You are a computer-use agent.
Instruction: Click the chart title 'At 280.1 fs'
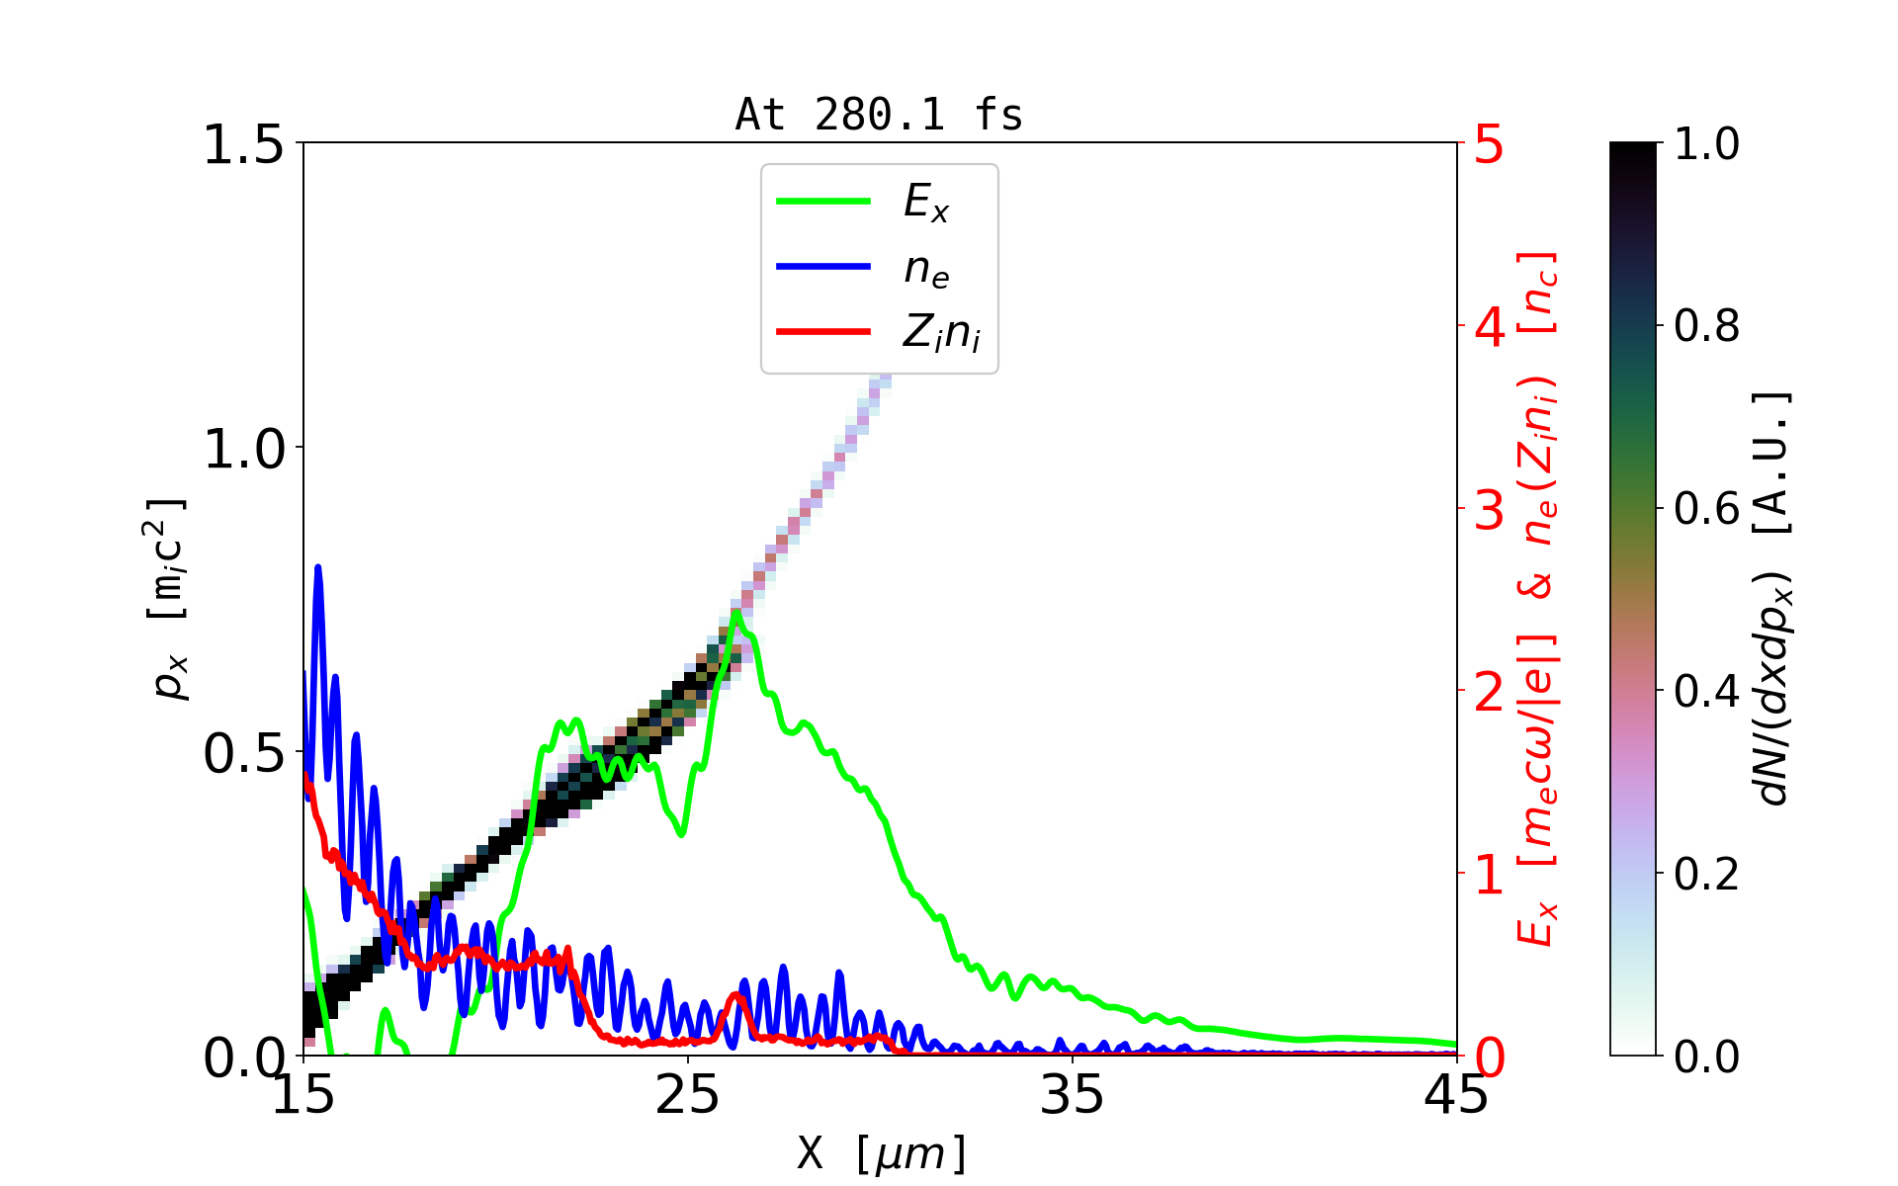[x=879, y=116]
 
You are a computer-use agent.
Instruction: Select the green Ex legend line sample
[x=823, y=202]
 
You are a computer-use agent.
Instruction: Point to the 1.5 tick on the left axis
[x=242, y=145]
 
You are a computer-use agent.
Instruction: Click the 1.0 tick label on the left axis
[x=242, y=450]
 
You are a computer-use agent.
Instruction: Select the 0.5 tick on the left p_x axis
[x=242, y=754]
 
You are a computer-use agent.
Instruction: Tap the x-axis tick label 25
[x=688, y=1095]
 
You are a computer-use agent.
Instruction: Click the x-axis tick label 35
[x=1073, y=1095]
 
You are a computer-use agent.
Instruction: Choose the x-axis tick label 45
[x=1456, y=1095]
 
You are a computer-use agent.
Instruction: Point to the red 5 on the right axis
[x=1489, y=145]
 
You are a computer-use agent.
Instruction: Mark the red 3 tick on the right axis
[x=1489, y=510]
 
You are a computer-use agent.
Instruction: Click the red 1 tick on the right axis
[x=1489, y=875]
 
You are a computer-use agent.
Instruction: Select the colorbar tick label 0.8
[x=1706, y=325]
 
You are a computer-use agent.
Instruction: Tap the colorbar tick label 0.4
[x=1706, y=691]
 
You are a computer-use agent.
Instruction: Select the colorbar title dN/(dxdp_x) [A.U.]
[x=1771, y=598]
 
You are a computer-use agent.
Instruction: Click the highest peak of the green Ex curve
[x=735, y=613]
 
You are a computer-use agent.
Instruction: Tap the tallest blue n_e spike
[x=318, y=567]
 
